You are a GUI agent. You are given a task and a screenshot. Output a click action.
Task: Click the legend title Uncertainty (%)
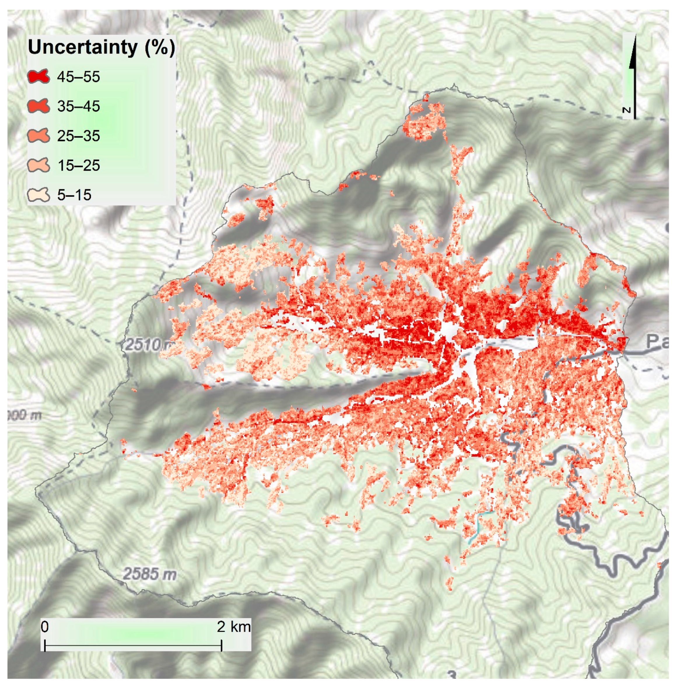[x=101, y=47]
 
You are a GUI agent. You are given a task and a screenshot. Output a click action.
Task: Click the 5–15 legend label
[x=74, y=195]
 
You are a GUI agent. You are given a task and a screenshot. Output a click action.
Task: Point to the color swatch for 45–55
[x=38, y=77]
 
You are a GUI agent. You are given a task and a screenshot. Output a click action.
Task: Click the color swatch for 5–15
[x=38, y=195]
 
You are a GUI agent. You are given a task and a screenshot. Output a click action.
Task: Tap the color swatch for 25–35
[x=38, y=136]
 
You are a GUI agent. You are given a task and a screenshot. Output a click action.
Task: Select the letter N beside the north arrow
[x=627, y=110]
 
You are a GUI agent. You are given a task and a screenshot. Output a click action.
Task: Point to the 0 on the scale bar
[x=45, y=627]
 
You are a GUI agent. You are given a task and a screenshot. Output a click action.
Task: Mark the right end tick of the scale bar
[x=222, y=645]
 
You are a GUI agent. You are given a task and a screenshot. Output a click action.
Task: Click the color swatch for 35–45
[x=38, y=106]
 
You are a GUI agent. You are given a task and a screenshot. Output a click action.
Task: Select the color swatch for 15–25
[x=38, y=165]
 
